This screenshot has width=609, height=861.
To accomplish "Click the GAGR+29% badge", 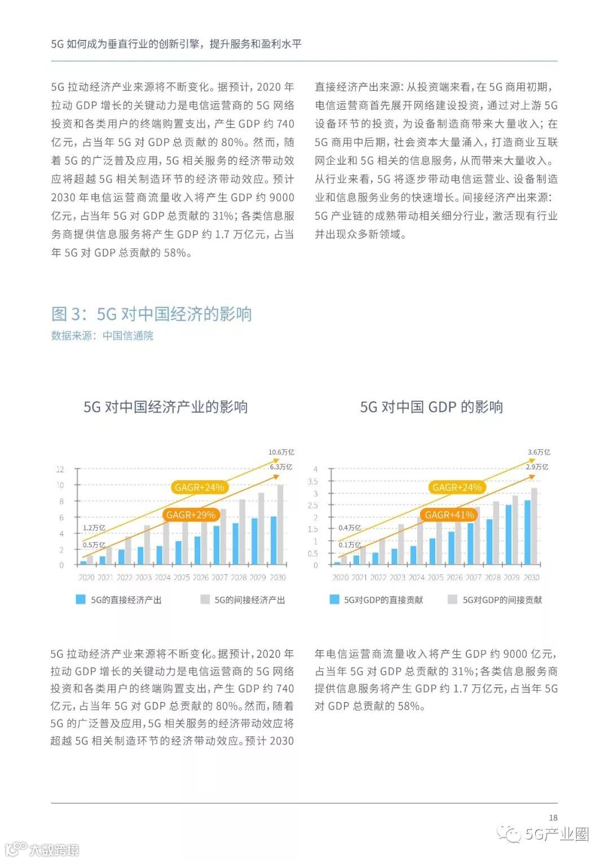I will point(191,515).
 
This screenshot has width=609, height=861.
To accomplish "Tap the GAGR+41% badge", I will point(449,515).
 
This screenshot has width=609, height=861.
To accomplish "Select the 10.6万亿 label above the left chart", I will point(281,452).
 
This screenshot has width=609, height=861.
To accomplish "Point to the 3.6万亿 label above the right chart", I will point(539,452).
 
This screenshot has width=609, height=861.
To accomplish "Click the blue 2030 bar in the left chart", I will point(273,541).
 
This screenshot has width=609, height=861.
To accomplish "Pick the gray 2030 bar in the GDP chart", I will point(534,526).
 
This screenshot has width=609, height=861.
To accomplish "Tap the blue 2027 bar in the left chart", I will point(216,545).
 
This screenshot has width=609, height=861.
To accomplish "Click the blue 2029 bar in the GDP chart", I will point(508,534).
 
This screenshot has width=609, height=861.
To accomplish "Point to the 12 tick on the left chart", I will point(60,469).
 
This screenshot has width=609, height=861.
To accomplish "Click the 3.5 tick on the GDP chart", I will point(312,481).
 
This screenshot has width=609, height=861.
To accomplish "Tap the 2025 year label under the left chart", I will point(182,577).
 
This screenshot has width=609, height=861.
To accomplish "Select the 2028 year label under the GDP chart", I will point(492,577).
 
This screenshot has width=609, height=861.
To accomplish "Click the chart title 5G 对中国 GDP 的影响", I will point(431,407).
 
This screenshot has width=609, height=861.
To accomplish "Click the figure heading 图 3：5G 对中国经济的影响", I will point(151,314).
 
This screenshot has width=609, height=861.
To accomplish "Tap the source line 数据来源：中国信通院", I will point(102,336).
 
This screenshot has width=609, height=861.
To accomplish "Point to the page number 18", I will point(553,818).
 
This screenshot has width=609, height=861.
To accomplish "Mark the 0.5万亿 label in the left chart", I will point(94,545).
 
